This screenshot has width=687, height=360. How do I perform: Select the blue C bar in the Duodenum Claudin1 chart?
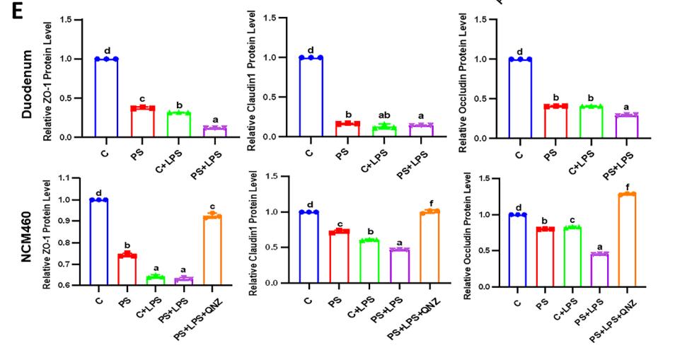coord(311,97)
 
